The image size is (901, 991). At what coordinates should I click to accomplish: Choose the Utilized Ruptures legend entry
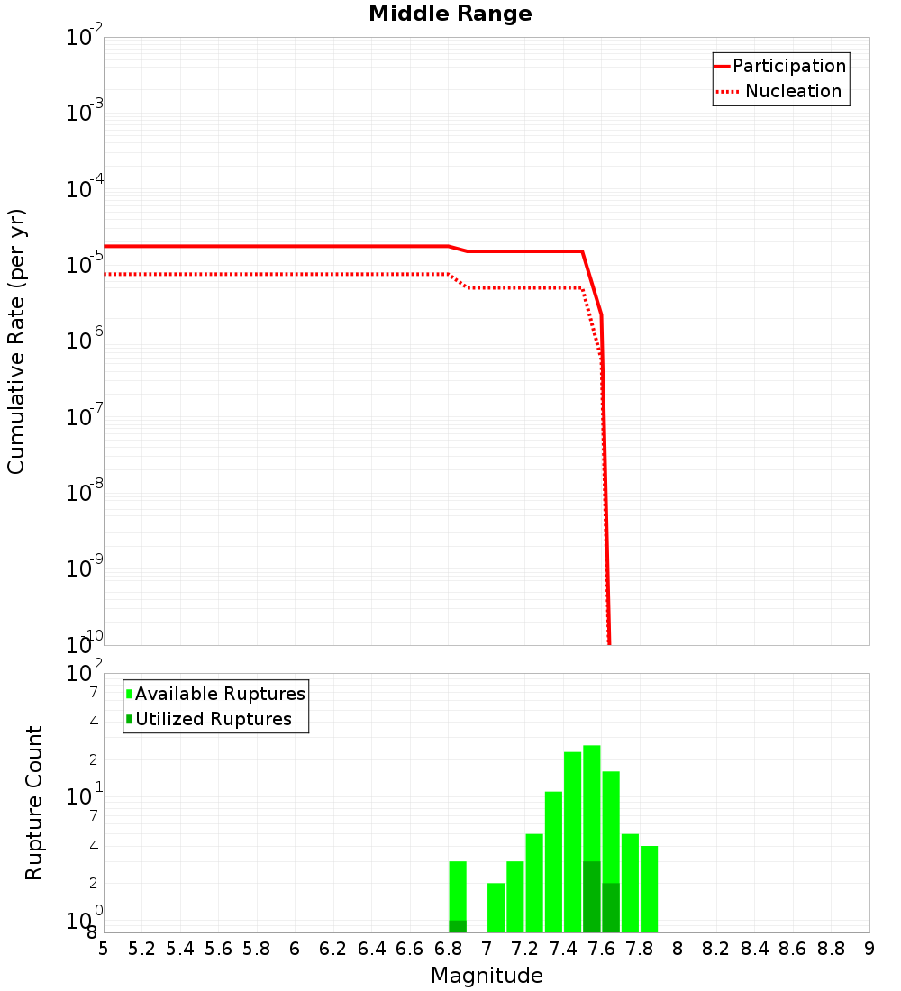pos(213,719)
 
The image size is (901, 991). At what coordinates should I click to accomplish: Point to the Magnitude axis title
pos(487,976)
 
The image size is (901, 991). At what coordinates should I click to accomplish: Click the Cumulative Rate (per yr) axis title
pos(16,341)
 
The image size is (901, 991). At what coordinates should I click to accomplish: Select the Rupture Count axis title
pos(34,803)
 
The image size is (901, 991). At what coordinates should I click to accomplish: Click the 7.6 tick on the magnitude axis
pos(601,949)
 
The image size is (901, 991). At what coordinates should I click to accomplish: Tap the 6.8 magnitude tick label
pos(448,949)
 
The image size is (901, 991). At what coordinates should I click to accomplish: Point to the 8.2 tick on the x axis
pos(716,949)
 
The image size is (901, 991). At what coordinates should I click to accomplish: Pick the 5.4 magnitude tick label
pos(180,949)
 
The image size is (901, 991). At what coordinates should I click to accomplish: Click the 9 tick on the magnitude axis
pos(869,949)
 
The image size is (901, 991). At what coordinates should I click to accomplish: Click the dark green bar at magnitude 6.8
pos(458,926)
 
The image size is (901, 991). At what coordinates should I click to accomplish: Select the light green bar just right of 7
pos(496,907)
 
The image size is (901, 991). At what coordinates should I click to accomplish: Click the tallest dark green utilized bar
pos(592,896)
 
